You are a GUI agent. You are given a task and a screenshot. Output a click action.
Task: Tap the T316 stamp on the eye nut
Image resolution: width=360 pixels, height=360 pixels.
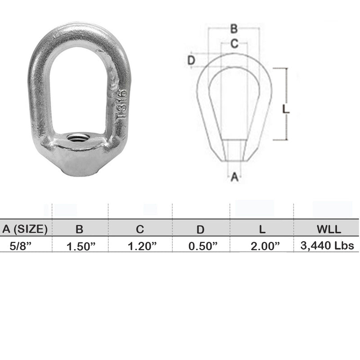coord(121,103)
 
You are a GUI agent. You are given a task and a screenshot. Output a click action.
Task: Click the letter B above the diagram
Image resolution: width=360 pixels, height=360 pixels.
coord(234,29)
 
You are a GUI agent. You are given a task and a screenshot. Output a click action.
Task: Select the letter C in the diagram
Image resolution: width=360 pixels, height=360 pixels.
coord(234,44)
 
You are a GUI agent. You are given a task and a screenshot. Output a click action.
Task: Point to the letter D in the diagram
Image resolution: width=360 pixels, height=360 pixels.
coord(191,60)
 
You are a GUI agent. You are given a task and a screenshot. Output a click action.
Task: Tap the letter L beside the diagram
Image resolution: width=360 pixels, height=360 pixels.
coord(286,109)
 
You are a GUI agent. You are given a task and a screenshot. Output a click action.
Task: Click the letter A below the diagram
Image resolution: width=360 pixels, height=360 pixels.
coord(234,177)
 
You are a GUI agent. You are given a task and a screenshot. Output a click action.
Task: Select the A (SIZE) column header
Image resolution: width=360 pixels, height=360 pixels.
coord(25,229)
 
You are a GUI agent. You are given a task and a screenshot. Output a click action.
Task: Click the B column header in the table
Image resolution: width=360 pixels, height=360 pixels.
coord(80,229)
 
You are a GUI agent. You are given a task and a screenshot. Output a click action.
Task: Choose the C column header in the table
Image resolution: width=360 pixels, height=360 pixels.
coord(140,229)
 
